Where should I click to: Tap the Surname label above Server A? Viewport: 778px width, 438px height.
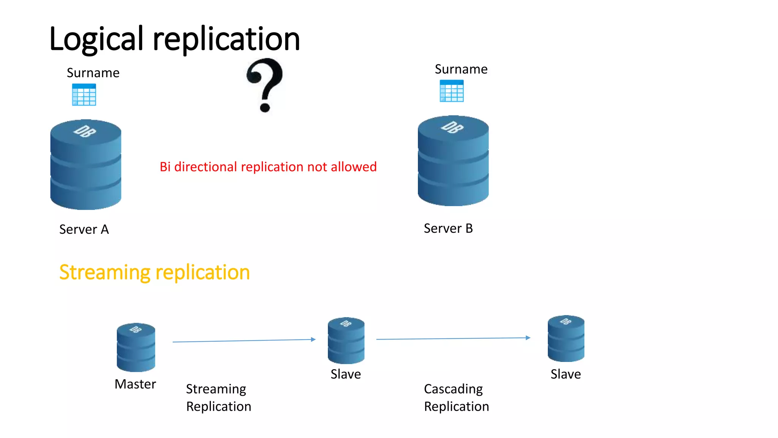tap(93, 73)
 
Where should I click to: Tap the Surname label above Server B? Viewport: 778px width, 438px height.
tap(461, 69)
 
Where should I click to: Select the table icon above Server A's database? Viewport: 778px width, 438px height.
tap(84, 95)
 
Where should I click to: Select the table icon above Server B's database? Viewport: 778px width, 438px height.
tap(451, 91)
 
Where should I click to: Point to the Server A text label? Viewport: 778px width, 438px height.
tap(84, 229)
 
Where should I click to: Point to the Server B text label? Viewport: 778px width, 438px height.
tap(448, 228)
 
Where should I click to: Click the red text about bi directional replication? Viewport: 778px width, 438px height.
tap(268, 167)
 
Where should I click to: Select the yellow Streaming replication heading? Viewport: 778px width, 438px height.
tap(154, 272)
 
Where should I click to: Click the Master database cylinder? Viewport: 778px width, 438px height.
tap(136, 347)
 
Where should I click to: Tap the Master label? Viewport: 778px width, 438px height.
tap(135, 384)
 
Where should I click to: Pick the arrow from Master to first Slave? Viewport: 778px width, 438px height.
tap(244, 341)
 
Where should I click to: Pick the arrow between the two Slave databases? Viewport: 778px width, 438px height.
tap(453, 338)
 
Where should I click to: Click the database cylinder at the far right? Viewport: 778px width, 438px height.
tap(566, 338)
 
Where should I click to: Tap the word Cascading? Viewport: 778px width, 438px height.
tap(453, 389)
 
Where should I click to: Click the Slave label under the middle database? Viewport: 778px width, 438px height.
tap(346, 374)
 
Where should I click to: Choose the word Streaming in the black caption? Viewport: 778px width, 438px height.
tap(216, 389)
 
